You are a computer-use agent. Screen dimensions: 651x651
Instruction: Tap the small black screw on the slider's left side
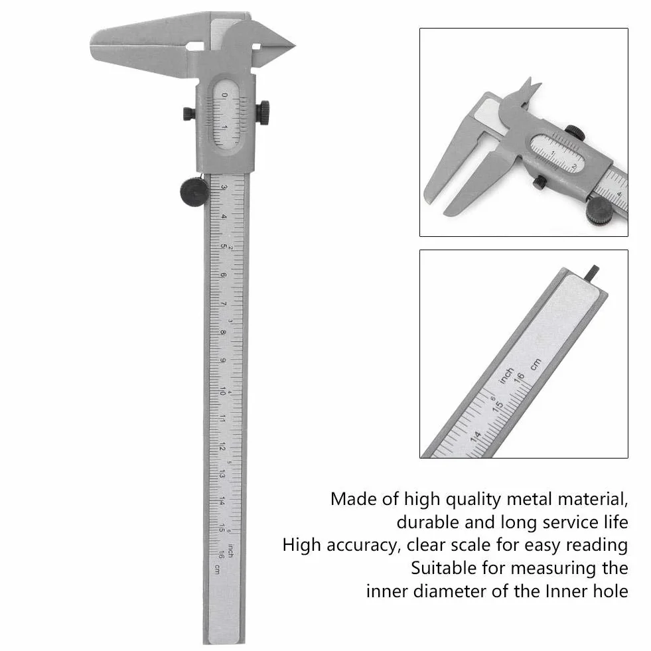tap(188, 113)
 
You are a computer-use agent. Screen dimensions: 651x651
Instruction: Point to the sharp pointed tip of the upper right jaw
tap(295, 45)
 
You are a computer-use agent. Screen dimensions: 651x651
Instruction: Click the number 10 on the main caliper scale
tap(222, 391)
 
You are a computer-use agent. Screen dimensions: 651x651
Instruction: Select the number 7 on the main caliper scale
tap(224, 304)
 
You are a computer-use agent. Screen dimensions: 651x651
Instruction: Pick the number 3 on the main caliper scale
tap(224, 187)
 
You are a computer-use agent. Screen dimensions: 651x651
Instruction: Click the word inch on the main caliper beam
tap(230, 550)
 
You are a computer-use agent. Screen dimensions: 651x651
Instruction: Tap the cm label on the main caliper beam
tap(216, 569)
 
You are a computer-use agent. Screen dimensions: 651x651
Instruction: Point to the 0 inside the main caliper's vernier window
tap(224, 95)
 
